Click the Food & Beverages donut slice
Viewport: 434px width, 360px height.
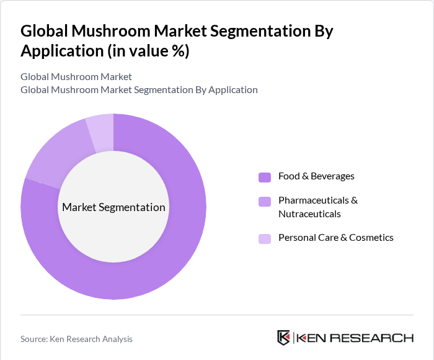167,248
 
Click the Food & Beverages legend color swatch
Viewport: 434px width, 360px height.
265,177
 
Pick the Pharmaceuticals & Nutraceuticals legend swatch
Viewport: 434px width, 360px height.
265,201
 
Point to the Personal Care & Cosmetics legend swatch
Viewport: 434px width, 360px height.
265,238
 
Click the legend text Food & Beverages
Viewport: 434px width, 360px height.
316,176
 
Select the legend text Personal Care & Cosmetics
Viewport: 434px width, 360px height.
335,238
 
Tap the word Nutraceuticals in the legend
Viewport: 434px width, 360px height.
309,214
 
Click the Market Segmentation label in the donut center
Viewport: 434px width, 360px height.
113,207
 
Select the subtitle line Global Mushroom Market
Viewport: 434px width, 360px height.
76,77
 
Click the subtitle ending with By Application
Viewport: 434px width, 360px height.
139,90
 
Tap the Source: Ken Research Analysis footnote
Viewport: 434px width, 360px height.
76,339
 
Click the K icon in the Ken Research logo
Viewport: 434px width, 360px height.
283,338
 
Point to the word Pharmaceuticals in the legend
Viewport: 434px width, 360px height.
318,200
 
